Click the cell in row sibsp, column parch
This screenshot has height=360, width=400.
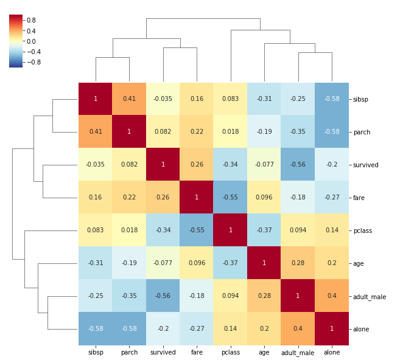point(129,99)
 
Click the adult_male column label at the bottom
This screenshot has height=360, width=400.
point(298,353)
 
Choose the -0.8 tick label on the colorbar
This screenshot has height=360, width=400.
point(33,62)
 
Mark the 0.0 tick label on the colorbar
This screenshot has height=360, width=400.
point(31,41)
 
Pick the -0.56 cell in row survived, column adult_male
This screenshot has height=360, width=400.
point(298,165)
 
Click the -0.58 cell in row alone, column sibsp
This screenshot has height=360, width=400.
point(96,329)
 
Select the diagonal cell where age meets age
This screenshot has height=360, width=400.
point(264,263)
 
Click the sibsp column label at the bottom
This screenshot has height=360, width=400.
point(96,352)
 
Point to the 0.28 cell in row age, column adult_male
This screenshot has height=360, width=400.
point(298,263)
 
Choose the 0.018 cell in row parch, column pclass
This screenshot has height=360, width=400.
point(230,132)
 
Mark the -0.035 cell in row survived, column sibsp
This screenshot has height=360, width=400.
point(96,165)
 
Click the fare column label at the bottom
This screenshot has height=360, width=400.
point(197,352)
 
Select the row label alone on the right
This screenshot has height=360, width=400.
point(361,329)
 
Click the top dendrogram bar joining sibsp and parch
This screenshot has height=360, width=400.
point(112,57)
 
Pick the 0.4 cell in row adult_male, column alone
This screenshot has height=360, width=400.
point(332,296)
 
